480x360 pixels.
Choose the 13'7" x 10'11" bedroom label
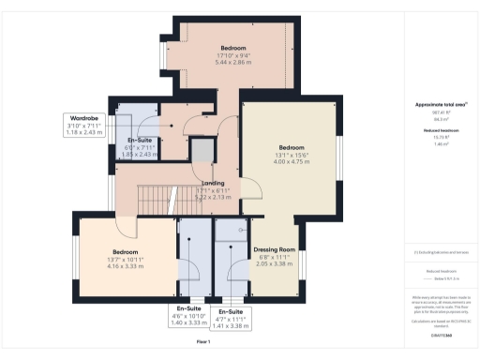click(127, 260)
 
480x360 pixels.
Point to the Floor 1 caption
click(202, 343)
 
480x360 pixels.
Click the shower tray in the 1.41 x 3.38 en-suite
click(230, 231)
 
